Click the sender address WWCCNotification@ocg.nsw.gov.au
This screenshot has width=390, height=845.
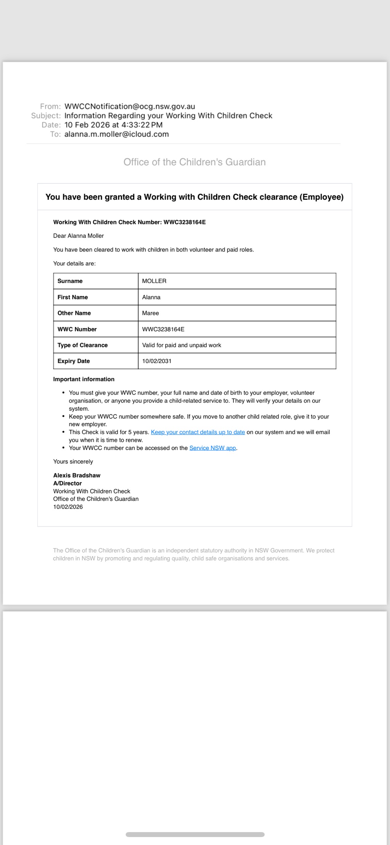click(x=129, y=107)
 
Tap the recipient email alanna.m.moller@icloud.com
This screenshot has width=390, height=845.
click(x=117, y=134)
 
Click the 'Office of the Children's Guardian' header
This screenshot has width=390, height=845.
click(x=194, y=162)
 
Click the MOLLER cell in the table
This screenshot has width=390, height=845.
click(x=154, y=281)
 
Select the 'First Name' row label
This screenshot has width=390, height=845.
click(x=73, y=297)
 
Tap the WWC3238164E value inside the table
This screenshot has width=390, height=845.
click(x=163, y=329)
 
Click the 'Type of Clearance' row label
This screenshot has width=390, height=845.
click(x=83, y=345)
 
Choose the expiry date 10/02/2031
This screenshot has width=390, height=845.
click(x=157, y=361)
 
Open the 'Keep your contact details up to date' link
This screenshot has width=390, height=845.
click(x=198, y=432)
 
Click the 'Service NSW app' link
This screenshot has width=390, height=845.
click(x=213, y=448)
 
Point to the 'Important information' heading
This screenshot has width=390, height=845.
click(x=84, y=379)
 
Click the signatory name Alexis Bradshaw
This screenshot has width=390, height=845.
click(x=77, y=475)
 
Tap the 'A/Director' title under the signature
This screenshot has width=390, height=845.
click(x=67, y=483)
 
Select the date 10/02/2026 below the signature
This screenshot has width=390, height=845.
click(x=68, y=507)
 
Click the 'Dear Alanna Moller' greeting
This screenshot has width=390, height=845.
click(x=78, y=236)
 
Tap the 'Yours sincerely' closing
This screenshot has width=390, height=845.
click(x=73, y=462)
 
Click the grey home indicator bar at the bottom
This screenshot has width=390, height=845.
click(x=195, y=835)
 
